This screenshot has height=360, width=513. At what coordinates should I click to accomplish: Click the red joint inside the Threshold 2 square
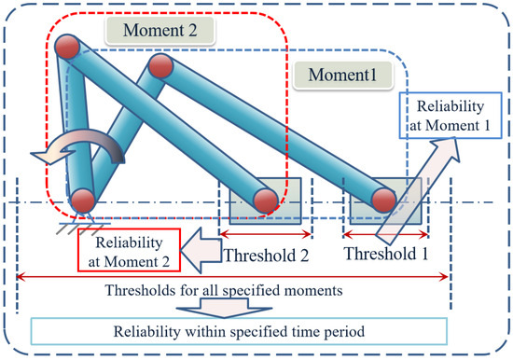click(x=264, y=199)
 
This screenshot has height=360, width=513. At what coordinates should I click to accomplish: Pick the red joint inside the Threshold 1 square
click(x=383, y=199)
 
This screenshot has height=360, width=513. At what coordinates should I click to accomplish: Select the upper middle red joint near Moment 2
click(x=159, y=66)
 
